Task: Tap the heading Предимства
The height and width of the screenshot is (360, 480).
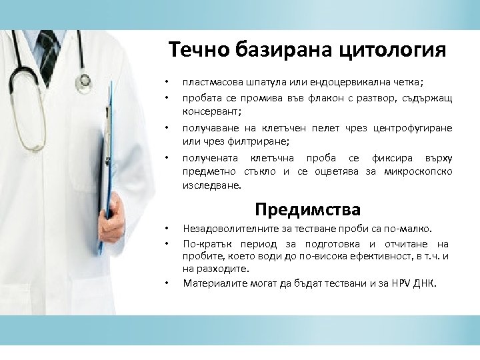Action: pos(307,209)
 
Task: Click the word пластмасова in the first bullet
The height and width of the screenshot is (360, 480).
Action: pos(211,83)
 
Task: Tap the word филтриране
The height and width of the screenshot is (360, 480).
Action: pos(258,141)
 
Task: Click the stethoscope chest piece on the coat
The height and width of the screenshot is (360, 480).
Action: pos(84,80)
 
